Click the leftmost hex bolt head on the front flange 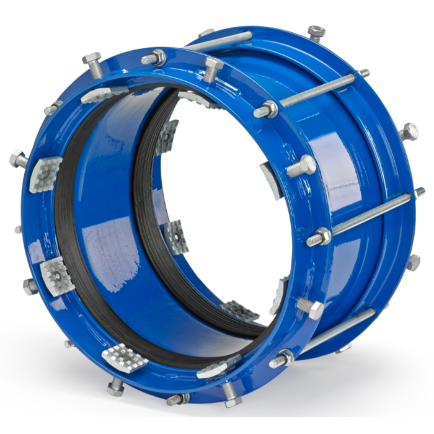coord(17,159)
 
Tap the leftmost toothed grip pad coord(45,174)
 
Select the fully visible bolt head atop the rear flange coord(316,32)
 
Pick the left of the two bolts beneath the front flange coord(115,387)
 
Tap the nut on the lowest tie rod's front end coord(282,359)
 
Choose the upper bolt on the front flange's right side coord(301,166)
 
